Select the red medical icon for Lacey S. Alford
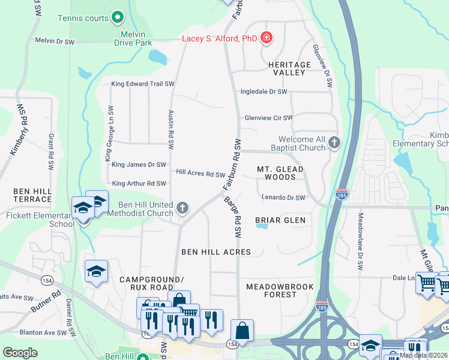click(267, 40)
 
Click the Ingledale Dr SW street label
click(264, 92)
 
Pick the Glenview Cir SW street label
click(268, 118)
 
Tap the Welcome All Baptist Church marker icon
click(334, 143)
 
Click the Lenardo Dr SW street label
click(283, 197)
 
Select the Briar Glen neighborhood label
click(280, 220)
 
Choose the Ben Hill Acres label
click(216, 252)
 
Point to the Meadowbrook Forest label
click(280, 290)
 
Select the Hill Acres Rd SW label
click(200, 173)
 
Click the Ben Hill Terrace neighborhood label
click(32, 194)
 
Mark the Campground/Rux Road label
click(150, 283)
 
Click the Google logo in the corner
click(20, 353)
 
